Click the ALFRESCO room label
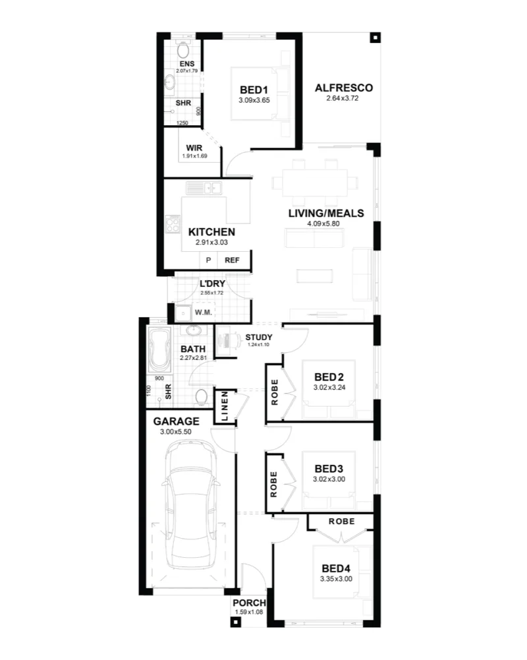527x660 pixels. (x=344, y=88)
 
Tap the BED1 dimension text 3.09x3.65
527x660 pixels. (x=254, y=100)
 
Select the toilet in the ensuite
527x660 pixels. (x=183, y=50)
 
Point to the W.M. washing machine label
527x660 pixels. (x=203, y=313)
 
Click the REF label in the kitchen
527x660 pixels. (x=232, y=260)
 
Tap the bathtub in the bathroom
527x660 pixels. (x=160, y=350)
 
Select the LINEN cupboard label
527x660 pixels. (x=225, y=406)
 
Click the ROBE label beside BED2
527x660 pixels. (x=275, y=392)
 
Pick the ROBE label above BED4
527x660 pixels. (x=341, y=521)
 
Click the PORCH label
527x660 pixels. (x=250, y=603)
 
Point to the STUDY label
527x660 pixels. (x=259, y=337)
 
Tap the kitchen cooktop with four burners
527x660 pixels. (x=173, y=224)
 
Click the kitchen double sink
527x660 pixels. (x=204, y=188)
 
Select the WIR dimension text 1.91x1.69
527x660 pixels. (x=195, y=156)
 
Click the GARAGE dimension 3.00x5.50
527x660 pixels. (x=176, y=432)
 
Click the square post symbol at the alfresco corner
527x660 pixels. (x=375, y=38)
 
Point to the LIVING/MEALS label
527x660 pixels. (x=326, y=214)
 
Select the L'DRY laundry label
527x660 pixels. (x=212, y=284)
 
